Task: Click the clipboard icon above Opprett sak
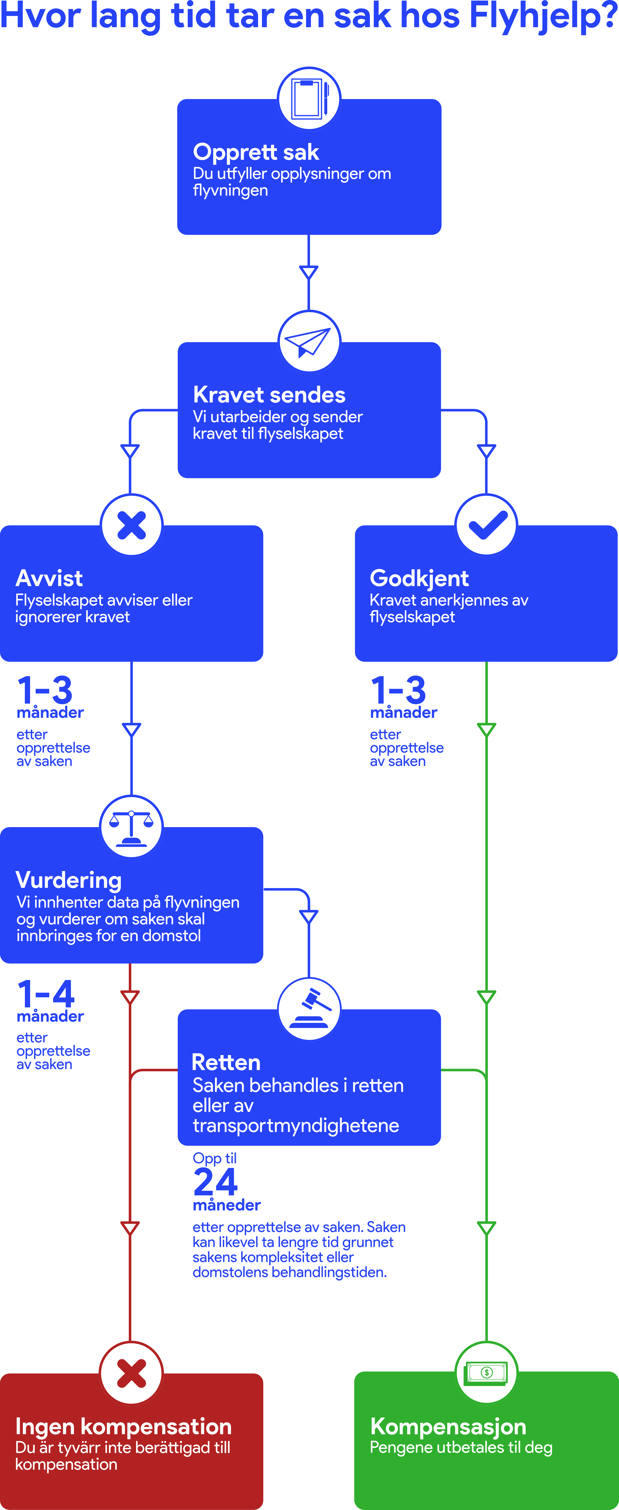pos(309,98)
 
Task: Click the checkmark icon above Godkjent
pos(487,525)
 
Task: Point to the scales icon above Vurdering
pos(131,828)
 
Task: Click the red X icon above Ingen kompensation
pos(131,1373)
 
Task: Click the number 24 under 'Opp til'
pos(215,1182)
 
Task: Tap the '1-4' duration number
pos(46,994)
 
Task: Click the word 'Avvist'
pos(49,579)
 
